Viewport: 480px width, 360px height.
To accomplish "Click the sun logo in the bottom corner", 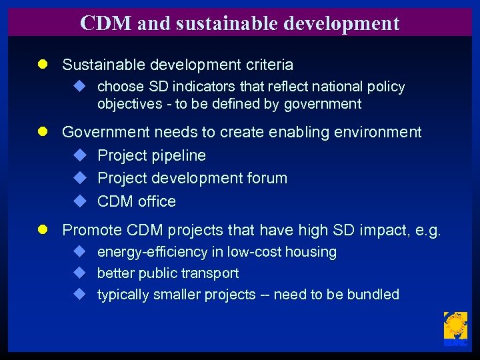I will point(455,329).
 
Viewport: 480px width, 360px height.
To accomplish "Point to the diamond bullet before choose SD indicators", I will point(79,86).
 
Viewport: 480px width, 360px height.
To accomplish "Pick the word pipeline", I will point(179,155).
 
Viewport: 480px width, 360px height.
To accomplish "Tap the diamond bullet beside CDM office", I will point(79,201).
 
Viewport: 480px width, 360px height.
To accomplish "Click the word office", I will point(157,201).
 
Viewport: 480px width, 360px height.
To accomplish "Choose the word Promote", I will point(91,230).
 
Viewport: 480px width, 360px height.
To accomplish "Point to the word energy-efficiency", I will point(147,252).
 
